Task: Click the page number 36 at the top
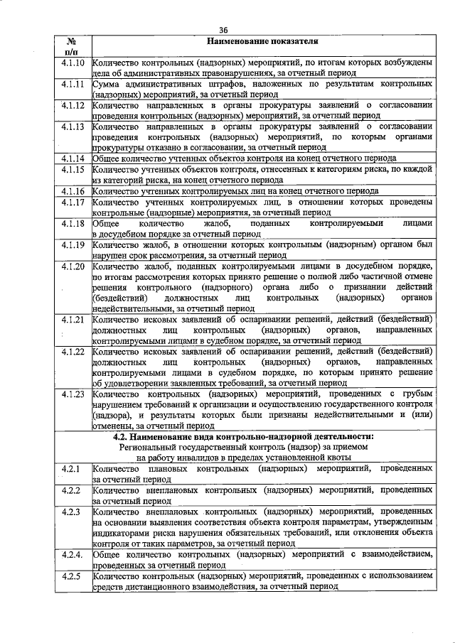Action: [x=223, y=30]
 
